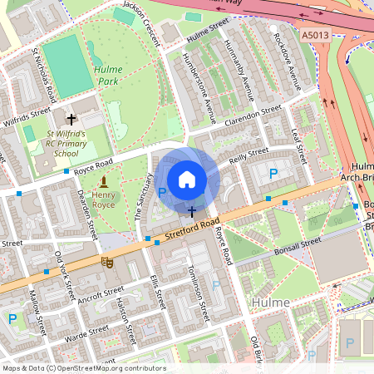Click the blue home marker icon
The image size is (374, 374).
(x=187, y=179)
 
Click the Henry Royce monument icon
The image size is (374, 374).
(x=103, y=181)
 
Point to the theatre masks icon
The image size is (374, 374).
(x=106, y=262)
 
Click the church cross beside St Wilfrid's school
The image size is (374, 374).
(x=71, y=120)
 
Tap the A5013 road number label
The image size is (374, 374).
(x=316, y=36)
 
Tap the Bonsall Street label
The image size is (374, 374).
(x=296, y=244)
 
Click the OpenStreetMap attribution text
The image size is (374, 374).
(x=83, y=368)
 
